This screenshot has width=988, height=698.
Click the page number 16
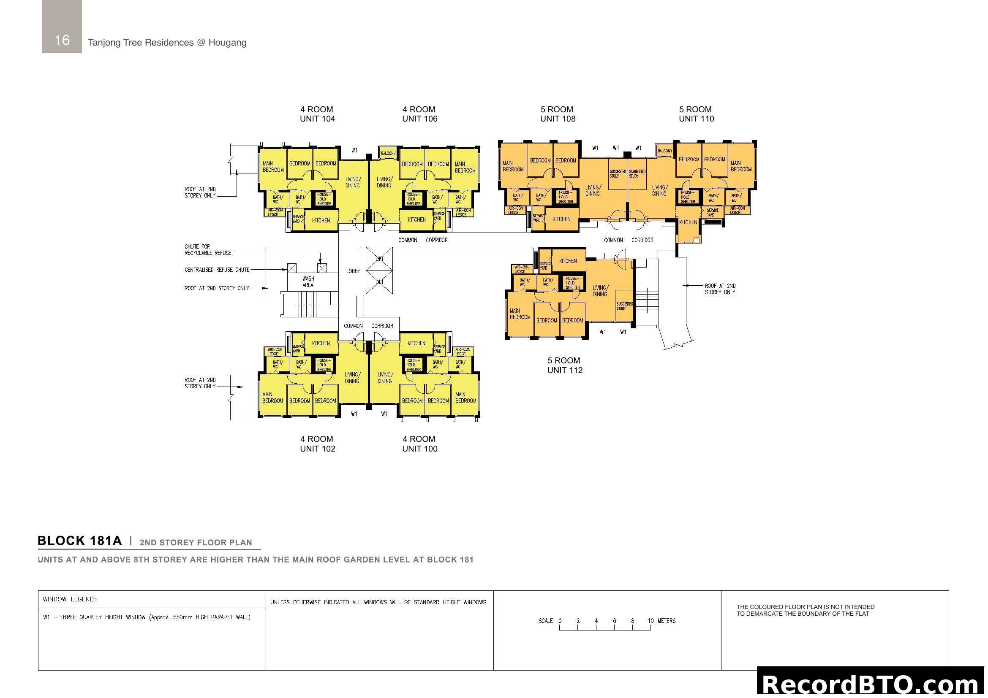click(x=62, y=40)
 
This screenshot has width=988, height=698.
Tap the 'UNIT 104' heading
click(x=317, y=119)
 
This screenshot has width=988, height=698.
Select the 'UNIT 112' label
click(x=565, y=370)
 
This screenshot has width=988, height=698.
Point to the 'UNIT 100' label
click(x=419, y=449)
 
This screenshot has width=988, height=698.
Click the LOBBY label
click(x=353, y=271)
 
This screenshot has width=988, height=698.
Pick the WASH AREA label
click(x=308, y=281)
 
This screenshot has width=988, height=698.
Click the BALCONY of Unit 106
click(x=388, y=153)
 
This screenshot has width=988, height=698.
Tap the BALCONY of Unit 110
click(x=665, y=151)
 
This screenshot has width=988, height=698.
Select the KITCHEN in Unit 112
click(x=568, y=261)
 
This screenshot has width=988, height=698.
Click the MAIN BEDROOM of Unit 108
click(x=513, y=166)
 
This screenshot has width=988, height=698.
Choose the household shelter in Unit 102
click(x=324, y=365)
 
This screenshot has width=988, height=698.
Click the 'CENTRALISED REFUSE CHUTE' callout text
click(x=217, y=270)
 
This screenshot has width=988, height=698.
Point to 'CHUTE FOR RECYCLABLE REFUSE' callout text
click(x=208, y=250)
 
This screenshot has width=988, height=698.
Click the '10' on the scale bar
click(x=651, y=621)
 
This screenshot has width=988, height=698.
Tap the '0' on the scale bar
click(x=560, y=621)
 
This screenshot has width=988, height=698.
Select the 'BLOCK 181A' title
click(x=79, y=541)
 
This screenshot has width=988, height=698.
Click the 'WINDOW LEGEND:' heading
click(x=69, y=599)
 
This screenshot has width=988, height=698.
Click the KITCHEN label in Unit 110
click(x=688, y=222)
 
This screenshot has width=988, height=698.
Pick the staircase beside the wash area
click(x=307, y=304)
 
